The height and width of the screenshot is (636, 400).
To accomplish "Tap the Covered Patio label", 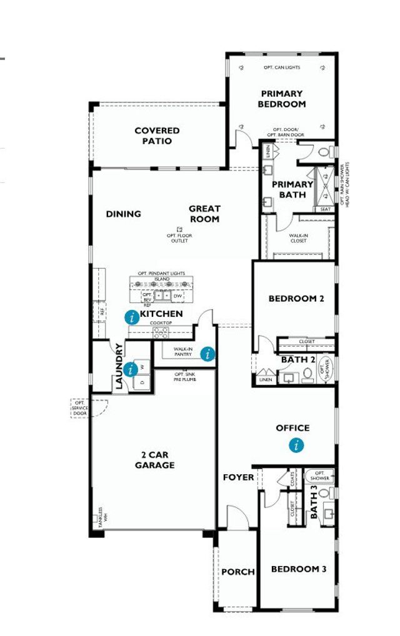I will point(157,136).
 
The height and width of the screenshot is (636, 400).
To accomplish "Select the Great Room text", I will point(204,214).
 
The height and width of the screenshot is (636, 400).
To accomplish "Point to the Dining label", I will point(123,214).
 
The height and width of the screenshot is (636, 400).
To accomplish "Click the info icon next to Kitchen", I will point(131,317).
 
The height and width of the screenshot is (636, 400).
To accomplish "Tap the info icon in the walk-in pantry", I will point(207,354).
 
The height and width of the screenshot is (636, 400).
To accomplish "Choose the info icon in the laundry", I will point(130,369).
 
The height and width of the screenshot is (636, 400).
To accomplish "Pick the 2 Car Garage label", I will point(154,460).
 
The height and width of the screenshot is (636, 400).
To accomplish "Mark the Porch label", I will point(238,572).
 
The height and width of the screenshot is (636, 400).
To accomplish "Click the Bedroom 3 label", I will point(298,569).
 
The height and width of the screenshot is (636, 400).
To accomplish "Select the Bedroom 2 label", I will point(296,299).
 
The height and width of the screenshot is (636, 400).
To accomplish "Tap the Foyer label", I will point(239,477).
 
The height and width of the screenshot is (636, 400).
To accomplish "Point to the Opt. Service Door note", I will point(79,409).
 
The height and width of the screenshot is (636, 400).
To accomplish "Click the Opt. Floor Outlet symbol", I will point(179,229).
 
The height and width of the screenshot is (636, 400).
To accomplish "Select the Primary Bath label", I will point(292,189).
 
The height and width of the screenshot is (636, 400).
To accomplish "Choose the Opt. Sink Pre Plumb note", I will point(185,376).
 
